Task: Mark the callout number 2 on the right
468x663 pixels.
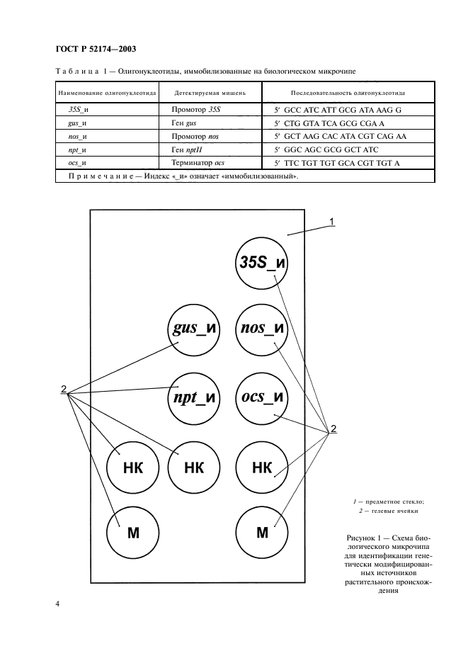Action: (333, 429)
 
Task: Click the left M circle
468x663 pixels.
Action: (132, 532)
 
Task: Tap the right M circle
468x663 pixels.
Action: (261, 532)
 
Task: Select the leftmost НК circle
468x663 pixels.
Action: (132, 467)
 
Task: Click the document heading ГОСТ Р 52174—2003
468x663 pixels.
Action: (95, 49)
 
